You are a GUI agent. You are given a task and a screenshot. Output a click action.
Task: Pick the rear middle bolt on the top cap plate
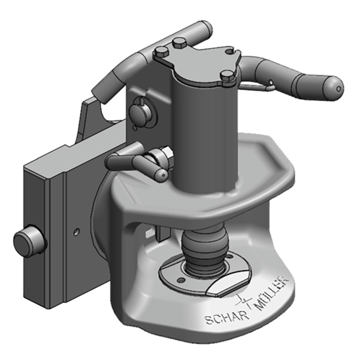(x=180, y=43)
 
